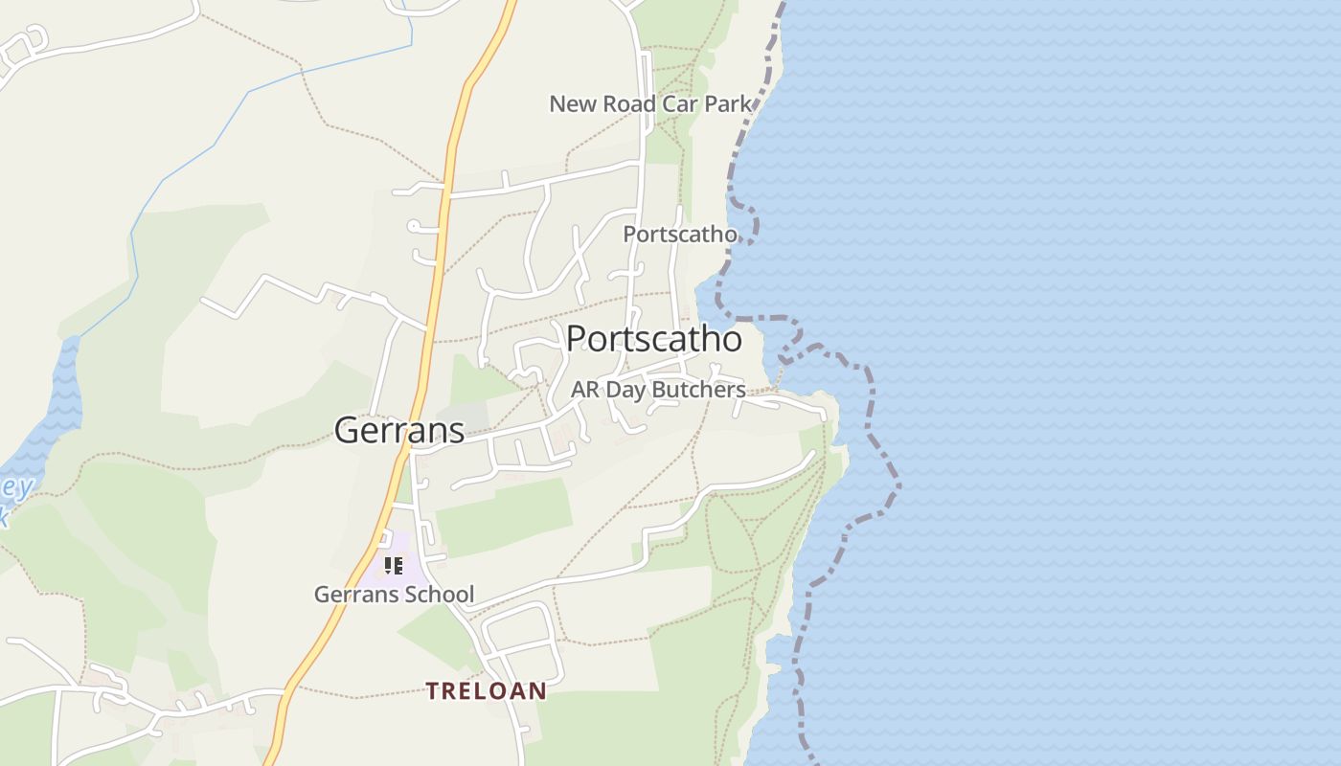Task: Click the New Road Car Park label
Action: pos(650,103)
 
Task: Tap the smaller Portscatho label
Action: pos(680,234)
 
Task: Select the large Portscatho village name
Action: pos(653,339)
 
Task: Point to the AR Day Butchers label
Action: pos(658,390)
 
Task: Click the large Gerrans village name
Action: pos(399,431)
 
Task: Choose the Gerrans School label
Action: pos(394,595)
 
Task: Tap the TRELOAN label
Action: pos(487,690)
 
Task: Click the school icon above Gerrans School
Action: pos(394,566)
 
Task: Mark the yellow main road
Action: pos(436,287)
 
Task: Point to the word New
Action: pos(573,103)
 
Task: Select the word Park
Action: pos(728,103)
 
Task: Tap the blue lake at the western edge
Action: pos(62,402)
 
